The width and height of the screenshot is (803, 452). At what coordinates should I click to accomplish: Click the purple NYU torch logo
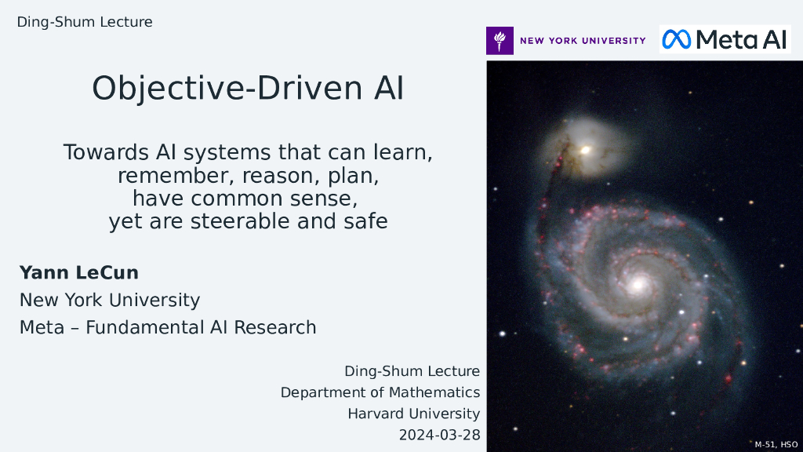500,41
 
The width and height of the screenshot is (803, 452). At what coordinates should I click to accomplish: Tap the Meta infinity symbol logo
676,39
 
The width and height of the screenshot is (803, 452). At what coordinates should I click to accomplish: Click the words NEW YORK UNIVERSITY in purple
583,41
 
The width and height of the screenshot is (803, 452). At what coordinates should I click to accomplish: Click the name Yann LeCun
79,272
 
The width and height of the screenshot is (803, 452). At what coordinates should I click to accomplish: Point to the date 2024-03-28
439,435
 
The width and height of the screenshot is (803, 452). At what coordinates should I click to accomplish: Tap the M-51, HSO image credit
776,444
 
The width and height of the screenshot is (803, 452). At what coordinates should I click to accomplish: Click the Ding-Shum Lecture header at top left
85,22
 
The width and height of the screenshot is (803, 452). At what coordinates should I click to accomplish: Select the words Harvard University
414,414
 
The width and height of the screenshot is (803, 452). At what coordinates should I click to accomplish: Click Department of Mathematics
380,392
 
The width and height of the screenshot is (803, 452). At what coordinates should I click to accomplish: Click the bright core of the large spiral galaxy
638,284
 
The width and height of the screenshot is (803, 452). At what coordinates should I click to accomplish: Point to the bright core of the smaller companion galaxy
585,150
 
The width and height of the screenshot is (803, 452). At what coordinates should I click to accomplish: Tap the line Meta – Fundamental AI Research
168,327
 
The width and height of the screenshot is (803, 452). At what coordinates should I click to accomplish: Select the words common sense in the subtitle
274,199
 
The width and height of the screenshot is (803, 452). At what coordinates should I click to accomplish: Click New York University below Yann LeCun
110,300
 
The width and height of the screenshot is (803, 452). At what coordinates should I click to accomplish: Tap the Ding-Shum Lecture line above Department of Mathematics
412,371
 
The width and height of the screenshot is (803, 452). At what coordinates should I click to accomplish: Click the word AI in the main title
389,88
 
